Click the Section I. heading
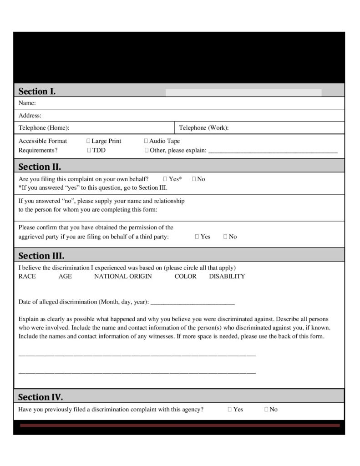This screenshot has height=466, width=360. click(37, 91)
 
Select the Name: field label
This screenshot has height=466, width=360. click(27, 103)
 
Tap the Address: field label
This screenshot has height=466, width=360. click(30, 116)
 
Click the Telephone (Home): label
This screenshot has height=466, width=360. click(44, 128)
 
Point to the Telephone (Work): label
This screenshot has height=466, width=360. click(204, 128)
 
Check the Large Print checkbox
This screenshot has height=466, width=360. click(88, 141)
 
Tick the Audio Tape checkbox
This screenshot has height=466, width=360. click(146, 141)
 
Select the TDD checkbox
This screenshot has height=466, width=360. click(89, 150)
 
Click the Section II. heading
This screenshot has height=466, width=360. click(40, 167)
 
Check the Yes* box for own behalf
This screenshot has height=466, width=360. click(165, 179)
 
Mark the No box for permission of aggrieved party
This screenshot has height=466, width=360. click(226, 237)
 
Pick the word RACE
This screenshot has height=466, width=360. click(27, 276)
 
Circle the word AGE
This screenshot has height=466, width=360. click(65, 276)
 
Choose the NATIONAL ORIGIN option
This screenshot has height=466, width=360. click(123, 276)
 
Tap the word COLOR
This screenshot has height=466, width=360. click(185, 276)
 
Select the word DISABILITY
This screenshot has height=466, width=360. click(227, 276)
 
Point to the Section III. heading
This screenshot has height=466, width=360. click(41, 255)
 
